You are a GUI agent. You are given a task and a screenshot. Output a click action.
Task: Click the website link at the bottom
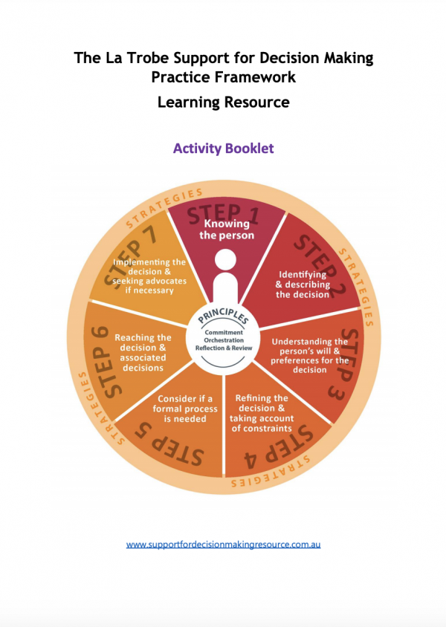[223, 545]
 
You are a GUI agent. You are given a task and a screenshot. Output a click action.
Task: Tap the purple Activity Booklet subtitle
[223, 149]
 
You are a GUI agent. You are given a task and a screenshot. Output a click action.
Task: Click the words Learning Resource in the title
[223, 102]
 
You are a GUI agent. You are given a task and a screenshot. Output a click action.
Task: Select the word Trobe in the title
[147, 58]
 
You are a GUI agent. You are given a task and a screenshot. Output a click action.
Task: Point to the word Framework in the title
[255, 77]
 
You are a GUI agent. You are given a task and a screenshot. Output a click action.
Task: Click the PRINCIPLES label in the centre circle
[223, 316]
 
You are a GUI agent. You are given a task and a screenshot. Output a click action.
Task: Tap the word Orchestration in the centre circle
[224, 340]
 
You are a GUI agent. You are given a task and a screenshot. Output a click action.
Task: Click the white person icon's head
[225, 260]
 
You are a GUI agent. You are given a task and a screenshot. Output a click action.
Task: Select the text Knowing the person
[227, 230]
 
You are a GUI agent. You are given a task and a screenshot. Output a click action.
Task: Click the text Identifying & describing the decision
[303, 285]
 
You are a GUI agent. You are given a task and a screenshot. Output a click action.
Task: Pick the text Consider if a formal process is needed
[185, 409]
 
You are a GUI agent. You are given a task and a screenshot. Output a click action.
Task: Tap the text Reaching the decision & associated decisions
[143, 353]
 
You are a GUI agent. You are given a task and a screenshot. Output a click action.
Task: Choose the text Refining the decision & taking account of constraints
[261, 414]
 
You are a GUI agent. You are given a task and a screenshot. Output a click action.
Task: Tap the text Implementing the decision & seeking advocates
[149, 276]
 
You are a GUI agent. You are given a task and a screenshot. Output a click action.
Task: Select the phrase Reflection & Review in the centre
[224, 348]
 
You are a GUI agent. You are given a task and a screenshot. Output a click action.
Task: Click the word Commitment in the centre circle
[224, 333]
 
